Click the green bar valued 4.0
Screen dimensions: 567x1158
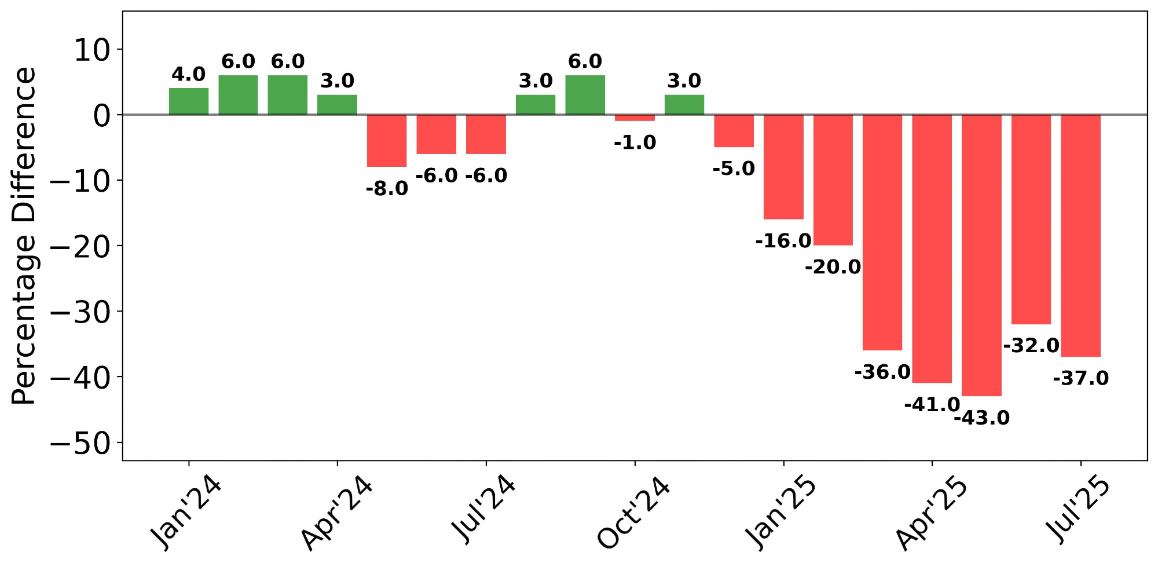point(189,101)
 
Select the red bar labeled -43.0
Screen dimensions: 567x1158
point(981,255)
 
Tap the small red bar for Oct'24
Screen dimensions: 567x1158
point(635,118)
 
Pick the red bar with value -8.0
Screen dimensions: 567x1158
point(387,141)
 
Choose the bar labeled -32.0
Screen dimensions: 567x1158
point(1031,219)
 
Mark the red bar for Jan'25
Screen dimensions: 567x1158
point(783,167)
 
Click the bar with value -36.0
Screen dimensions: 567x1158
point(882,232)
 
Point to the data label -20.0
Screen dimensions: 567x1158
point(833,267)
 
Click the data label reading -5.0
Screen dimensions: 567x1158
point(734,169)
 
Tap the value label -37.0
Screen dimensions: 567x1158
point(1080,379)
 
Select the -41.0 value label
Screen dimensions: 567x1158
point(932,405)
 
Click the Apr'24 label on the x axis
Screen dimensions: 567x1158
point(336,513)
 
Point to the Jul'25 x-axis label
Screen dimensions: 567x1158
point(1078,510)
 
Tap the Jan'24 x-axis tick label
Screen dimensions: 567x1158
point(186,513)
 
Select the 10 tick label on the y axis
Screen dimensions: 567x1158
point(92,50)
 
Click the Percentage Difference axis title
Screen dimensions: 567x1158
point(24,236)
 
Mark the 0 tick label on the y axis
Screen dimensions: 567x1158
point(101,116)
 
